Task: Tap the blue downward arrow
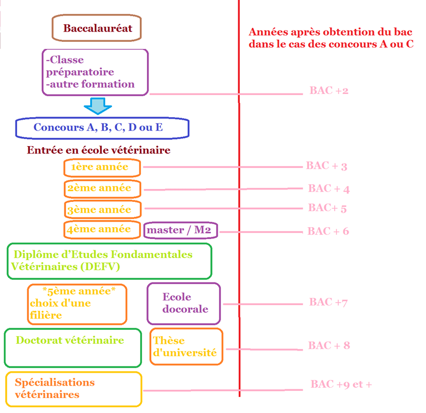coord(98,106)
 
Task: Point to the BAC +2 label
coord(329,90)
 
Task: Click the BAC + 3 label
coord(327,166)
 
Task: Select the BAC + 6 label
coord(328,231)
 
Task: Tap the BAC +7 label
coord(329,302)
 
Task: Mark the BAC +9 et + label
coord(341,385)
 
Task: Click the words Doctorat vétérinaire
coord(70,340)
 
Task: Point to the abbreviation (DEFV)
coord(100,266)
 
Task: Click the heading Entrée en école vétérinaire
coord(99,150)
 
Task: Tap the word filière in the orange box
coord(46,315)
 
